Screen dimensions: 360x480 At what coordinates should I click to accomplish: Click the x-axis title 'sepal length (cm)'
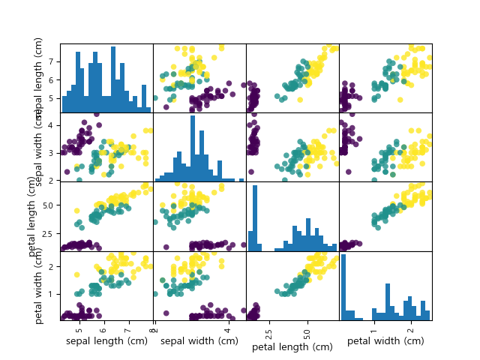[106, 341]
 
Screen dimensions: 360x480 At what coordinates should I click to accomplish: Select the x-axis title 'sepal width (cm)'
[199, 341]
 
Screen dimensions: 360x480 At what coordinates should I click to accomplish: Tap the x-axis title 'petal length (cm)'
[292, 346]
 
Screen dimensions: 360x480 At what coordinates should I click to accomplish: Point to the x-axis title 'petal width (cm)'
[385, 341]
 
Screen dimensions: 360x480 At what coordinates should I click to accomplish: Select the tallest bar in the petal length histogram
[256, 217]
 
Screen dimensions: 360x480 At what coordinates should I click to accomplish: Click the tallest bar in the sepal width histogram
[193, 148]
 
